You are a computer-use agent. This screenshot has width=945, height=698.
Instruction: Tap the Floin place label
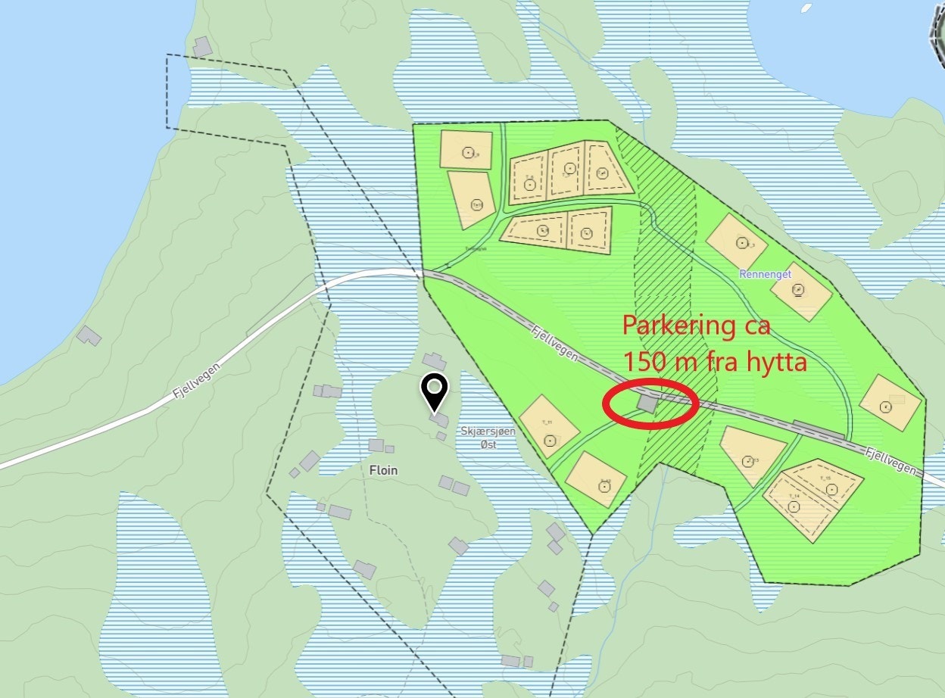pyautogui.click(x=383, y=470)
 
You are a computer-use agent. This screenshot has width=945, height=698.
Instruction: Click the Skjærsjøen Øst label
pyautogui.click(x=488, y=438)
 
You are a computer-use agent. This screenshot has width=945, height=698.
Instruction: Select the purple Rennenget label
pyautogui.click(x=766, y=274)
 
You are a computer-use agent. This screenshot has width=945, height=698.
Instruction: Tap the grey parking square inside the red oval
pyautogui.click(x=647, y=402)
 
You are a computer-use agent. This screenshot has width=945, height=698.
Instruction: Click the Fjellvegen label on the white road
pyautogui.click(x=189, y=382)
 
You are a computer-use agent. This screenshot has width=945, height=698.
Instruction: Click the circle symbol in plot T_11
pyautogui.click(x=550, y=441)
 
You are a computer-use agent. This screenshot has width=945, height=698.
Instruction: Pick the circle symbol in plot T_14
pyautogui.click(x=794, y=506)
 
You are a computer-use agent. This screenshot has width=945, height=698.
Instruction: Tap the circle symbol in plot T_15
pyautogui.click(x=832, y=490)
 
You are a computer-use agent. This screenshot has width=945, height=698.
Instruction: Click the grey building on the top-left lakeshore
pyautogui.click(x=202, y=47)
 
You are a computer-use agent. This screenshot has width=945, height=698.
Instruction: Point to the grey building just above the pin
pyautogui.click(x=435, y=361)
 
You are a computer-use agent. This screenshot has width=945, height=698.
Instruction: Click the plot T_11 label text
pyautogui.click(x=547, y=422)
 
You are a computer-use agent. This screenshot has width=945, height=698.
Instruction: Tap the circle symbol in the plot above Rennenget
pyautogui.click(x=741, y=243)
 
